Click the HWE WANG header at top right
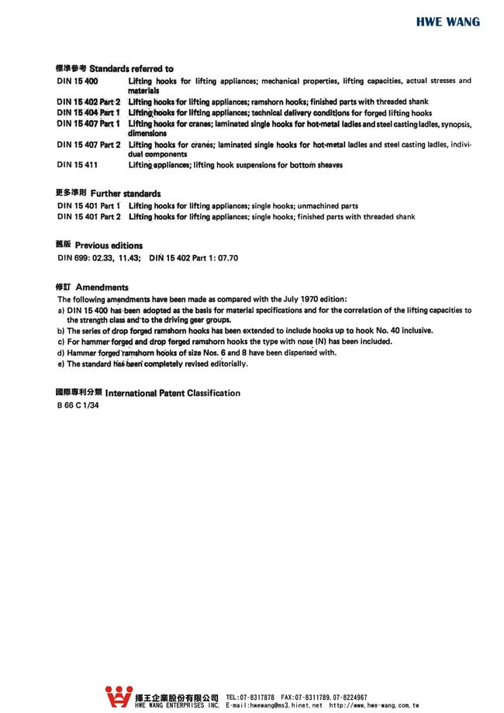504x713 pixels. (447, 22)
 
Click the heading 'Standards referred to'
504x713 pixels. (132, 69)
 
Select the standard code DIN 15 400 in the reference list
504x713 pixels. (78, 81)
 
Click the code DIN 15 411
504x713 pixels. (77, 164)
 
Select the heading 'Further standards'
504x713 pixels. (126, 193)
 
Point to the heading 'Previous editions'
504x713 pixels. (109, 246)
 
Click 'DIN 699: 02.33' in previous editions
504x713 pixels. (85, 257)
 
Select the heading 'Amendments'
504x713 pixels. (102, 287)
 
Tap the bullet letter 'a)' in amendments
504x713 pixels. (61, 310)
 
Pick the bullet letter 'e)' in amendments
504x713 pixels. (61, 363)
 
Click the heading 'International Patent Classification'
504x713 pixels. (172, 393)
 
